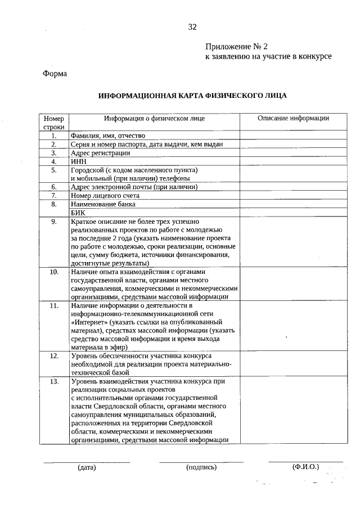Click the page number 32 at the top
pos(192,27)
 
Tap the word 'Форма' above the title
pos(55,73)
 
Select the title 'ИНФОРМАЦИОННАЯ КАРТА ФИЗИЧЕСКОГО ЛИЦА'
pos(192,96)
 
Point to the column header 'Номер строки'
pos(54,123)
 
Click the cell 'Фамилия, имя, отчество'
pos(108,136)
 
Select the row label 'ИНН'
pos(78,161)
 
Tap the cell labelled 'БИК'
pos(78,213)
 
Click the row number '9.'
pos(54,222)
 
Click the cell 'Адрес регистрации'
pos(100,153)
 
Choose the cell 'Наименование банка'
pos(103,204)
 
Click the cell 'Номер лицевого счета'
pos(105,196)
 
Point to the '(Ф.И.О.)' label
pos(305,467)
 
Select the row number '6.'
pos(54,187)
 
